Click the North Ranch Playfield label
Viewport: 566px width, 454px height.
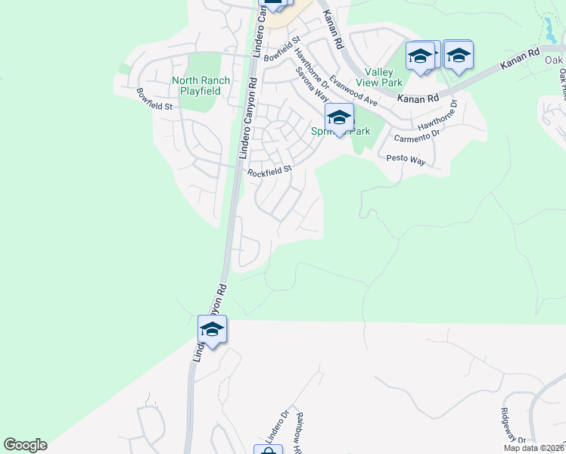(196, 86)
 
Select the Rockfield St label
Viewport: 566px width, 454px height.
(270, 172)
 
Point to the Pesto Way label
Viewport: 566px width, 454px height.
(406, 160)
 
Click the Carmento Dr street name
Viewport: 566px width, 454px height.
(416, 135)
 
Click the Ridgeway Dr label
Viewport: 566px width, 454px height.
(513, 427)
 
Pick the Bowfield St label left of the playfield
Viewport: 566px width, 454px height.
(154, 99)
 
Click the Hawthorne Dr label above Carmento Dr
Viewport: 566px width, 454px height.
(440, 114)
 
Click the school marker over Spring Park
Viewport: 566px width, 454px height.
(340, 118)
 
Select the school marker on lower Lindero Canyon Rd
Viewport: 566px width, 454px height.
(213, 330)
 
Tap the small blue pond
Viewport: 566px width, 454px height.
(549, 30)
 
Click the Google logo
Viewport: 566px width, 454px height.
(25, 445)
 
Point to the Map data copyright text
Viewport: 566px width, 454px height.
(534, 448)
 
